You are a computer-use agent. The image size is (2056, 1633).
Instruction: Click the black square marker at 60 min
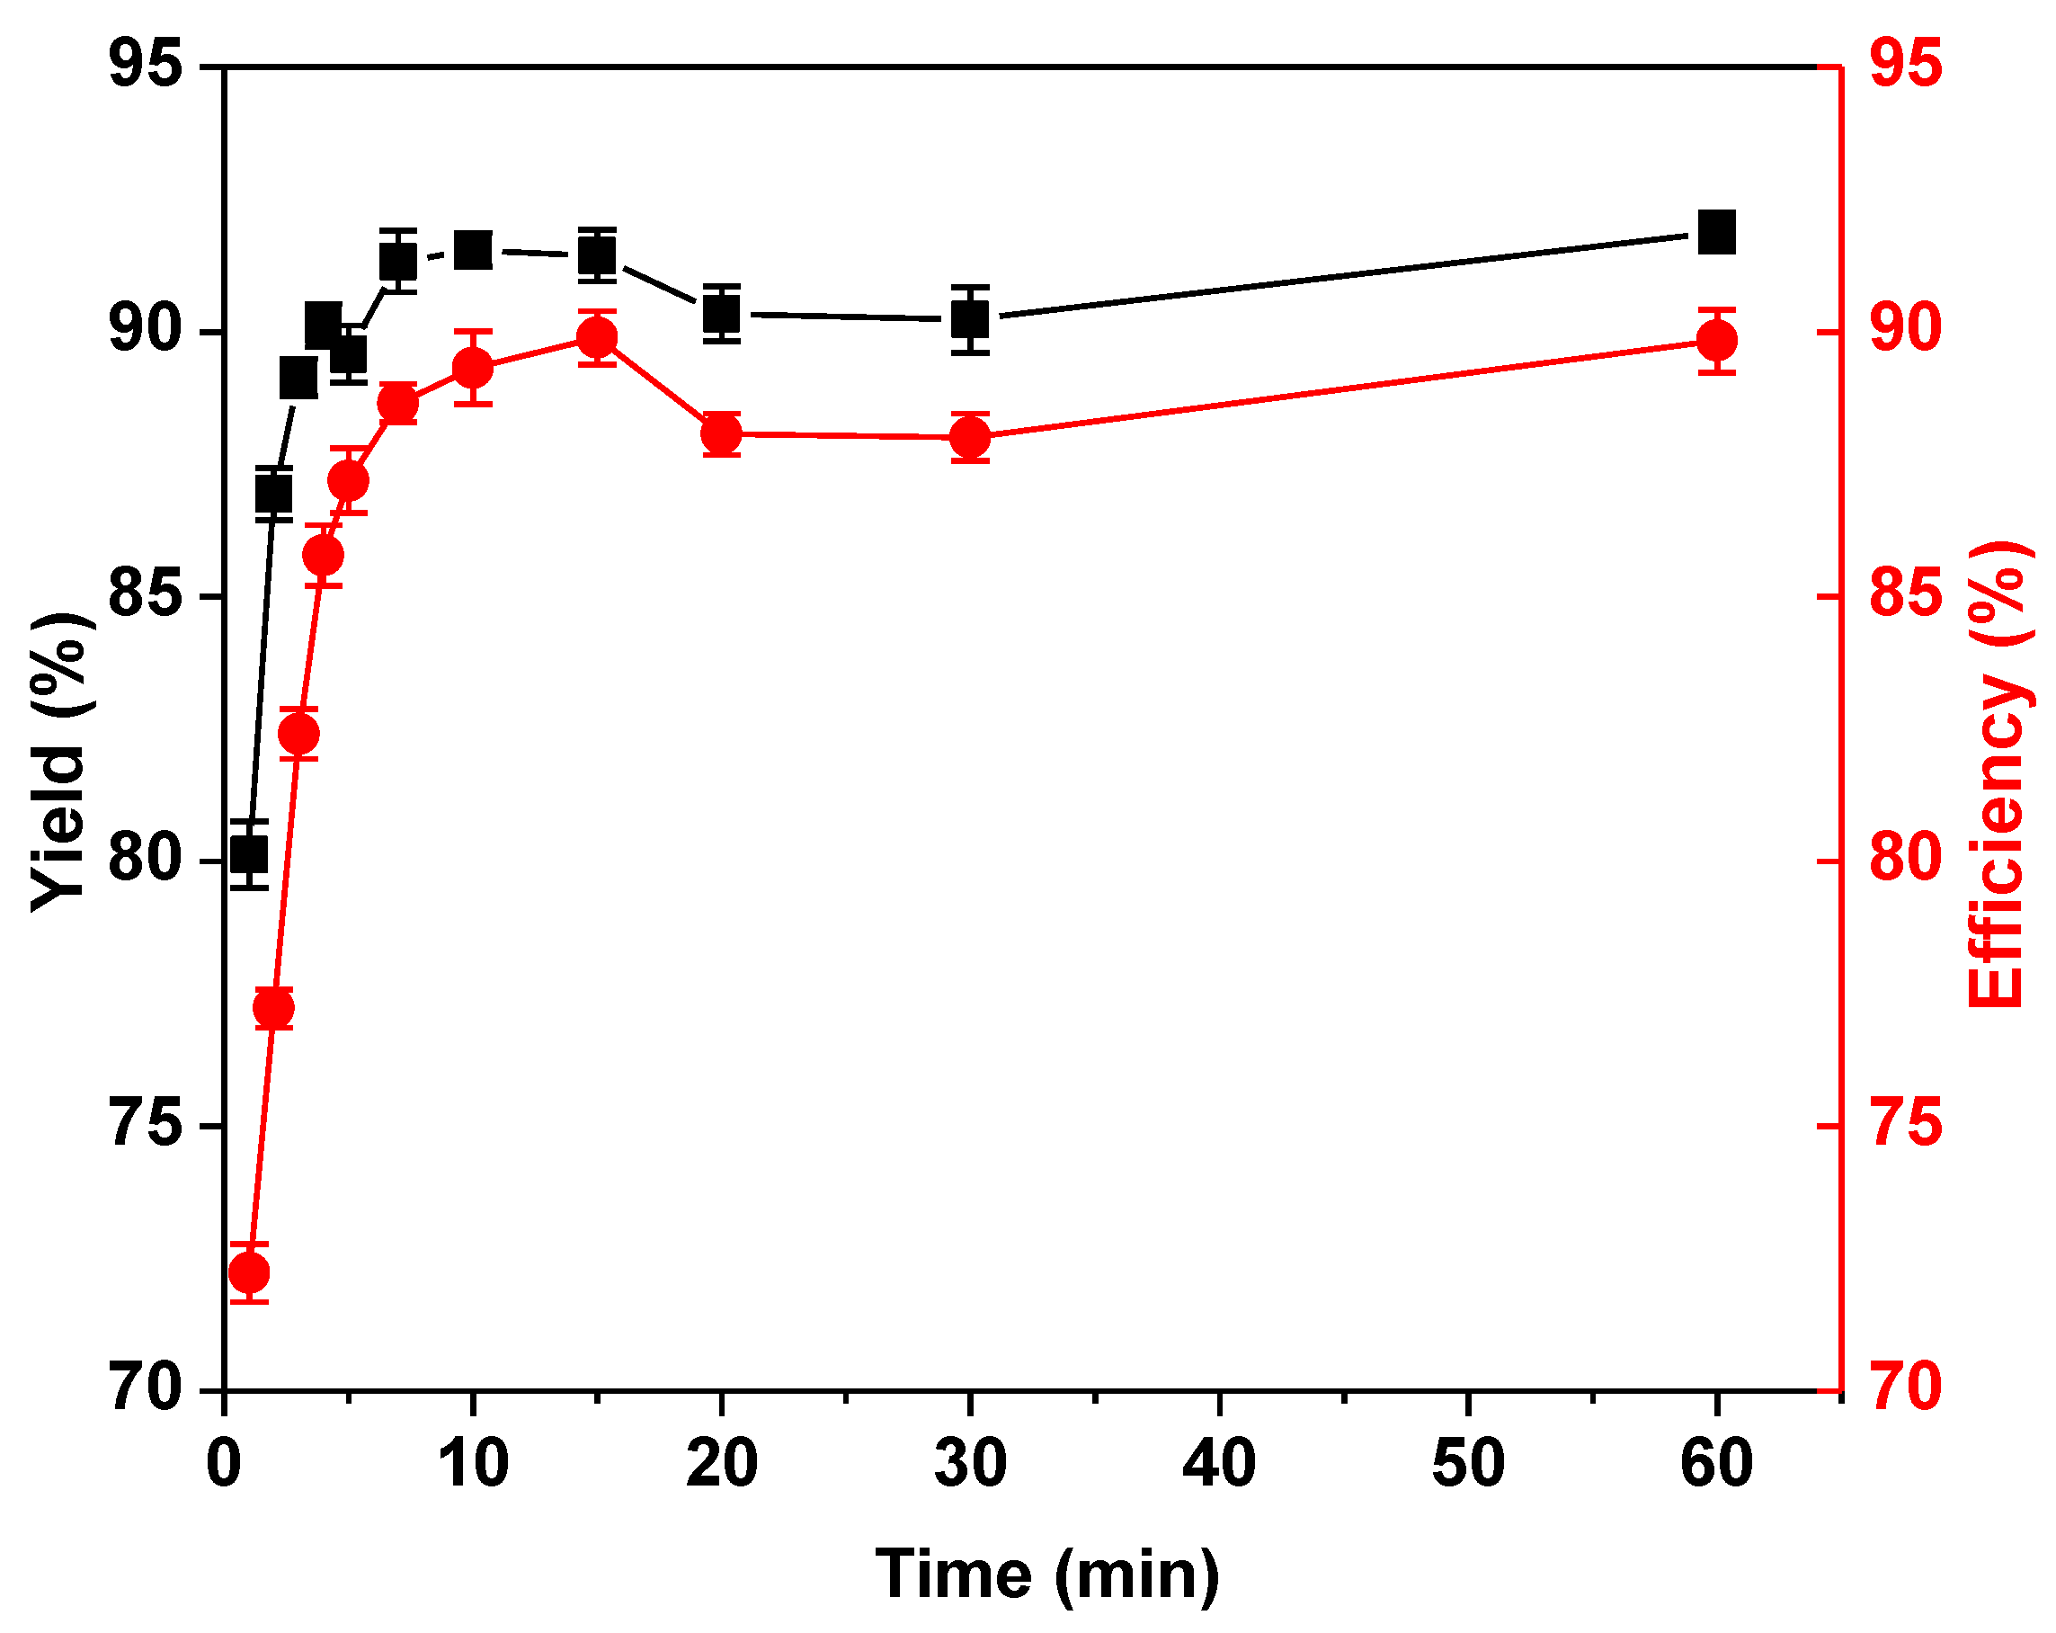click(x=1716, y=233)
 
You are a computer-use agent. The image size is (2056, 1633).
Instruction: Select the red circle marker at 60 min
click(x=1716, y=341)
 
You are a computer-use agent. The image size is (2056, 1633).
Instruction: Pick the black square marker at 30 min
click(x=970, y=319)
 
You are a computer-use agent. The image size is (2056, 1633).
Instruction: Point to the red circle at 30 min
click(x=970, y=438)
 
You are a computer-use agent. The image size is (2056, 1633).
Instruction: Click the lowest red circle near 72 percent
click(x=250, y=1272)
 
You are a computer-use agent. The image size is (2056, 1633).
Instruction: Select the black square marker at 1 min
click(x=250, y=854)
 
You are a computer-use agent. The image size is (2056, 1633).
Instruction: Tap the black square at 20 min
click(x=721, y=313)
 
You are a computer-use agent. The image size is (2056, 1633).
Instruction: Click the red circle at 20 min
click(x=721, y=434)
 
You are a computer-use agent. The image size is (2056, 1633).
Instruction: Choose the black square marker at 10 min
click(x=473, y=251)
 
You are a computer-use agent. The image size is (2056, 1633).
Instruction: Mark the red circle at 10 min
click(x=473, y=367)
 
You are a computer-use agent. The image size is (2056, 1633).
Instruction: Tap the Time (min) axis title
click(x=1046, y=1574)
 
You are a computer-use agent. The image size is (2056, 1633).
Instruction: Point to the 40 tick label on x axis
click(x=1219, y=1463)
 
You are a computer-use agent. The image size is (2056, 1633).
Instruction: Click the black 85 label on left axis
click(x=145, y=595)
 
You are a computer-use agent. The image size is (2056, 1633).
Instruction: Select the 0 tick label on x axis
click(x=223, y=1463)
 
